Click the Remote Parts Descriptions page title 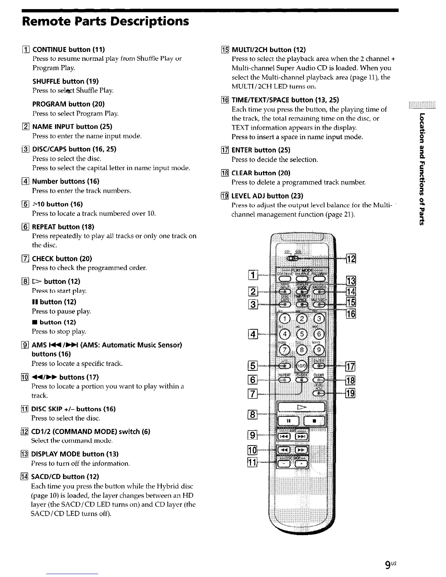coord(106,21)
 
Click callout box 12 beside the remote coord(351,259)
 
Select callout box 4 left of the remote coord(252,334)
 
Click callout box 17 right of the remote coord(351,366)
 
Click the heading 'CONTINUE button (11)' coord(69,50)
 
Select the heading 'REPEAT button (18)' coord(63,227)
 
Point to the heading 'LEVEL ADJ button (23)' coord(267,196)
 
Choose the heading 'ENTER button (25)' coord(261,150)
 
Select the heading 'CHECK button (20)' coord(62,259)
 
